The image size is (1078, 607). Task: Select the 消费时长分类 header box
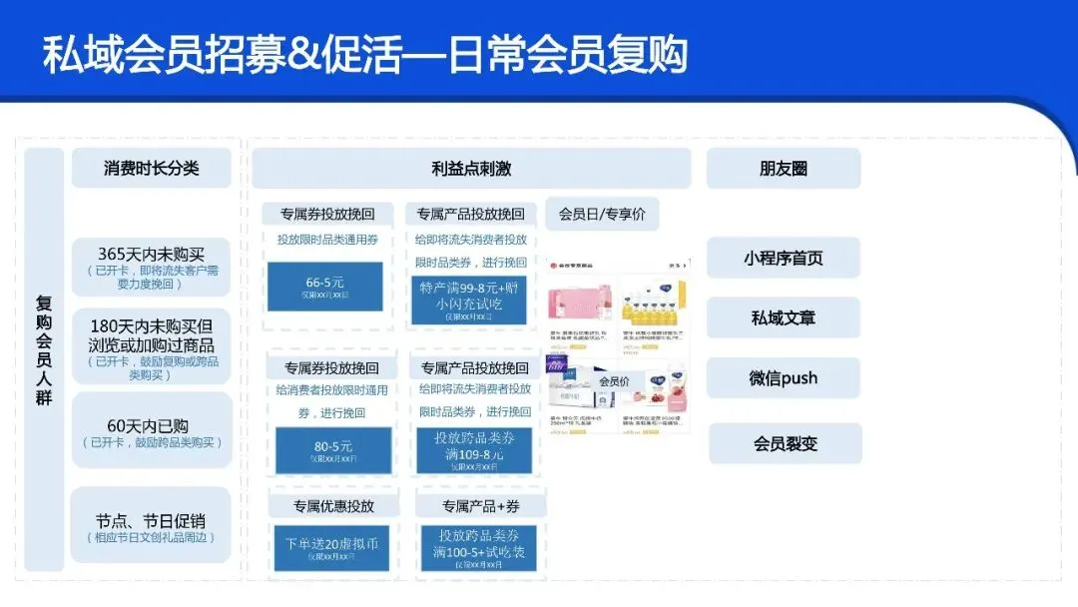152,168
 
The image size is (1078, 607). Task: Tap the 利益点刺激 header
471,168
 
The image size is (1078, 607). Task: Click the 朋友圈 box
784,168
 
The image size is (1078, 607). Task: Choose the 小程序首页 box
784,258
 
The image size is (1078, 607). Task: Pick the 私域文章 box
784,317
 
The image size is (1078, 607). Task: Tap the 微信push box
784,378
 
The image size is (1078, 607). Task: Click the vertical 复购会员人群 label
44,349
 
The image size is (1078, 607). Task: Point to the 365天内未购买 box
152,267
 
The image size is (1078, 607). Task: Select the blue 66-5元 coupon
325,287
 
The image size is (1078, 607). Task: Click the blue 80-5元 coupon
333,450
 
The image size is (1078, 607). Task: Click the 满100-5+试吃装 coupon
478,548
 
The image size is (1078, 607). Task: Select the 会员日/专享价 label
602,214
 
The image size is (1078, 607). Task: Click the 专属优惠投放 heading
333,505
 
